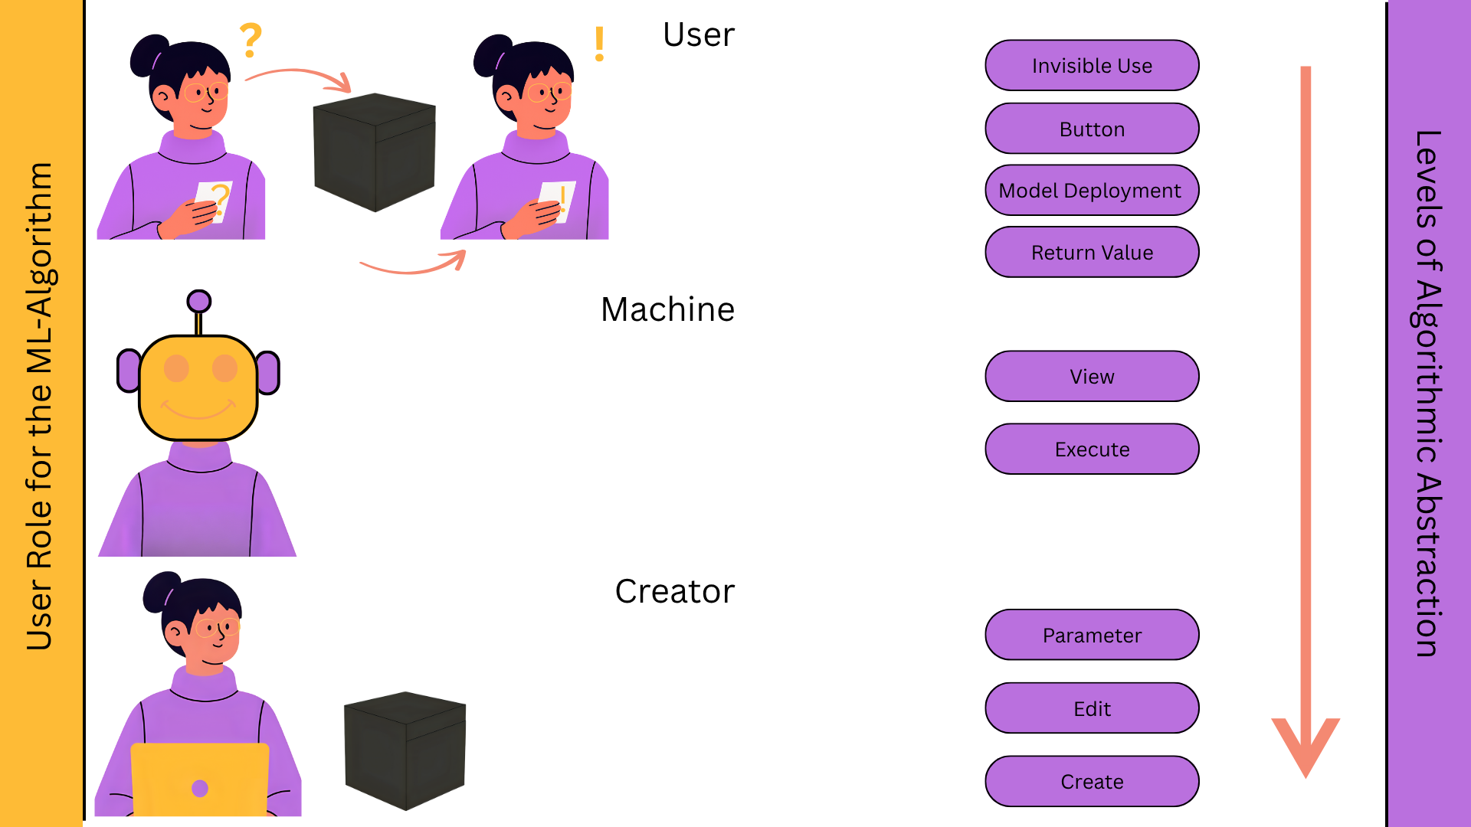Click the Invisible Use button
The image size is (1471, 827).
click(x=1092, y=66)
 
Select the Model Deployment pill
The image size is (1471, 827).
click(x=1092, y=191)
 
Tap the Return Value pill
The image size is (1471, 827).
click(x=1092, y=253)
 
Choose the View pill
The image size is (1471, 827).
click(x=1092, y=377)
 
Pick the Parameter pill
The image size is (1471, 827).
click(x=1092, y=636)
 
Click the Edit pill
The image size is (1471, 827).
click(x=1092, y=709)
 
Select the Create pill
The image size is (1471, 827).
click(x=1092, y=782)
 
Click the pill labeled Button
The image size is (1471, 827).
click(x=1092, y=129)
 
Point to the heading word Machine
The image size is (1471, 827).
click(x=667, y=310)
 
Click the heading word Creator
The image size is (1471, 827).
click(x=674, y=592)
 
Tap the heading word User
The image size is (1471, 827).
click(x=698, y=35)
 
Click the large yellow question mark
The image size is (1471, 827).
click(x=251, y=41)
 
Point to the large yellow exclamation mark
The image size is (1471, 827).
click(x=599, y=44)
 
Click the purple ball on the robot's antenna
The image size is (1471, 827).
click(x=199, y=301)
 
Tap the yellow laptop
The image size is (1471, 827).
click(x=200, y=780)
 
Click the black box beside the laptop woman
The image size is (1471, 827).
click(x=405, y=750)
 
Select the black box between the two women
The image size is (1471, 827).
click(x=374, y=152)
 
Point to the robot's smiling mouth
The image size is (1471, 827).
click(x=198, y=411)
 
